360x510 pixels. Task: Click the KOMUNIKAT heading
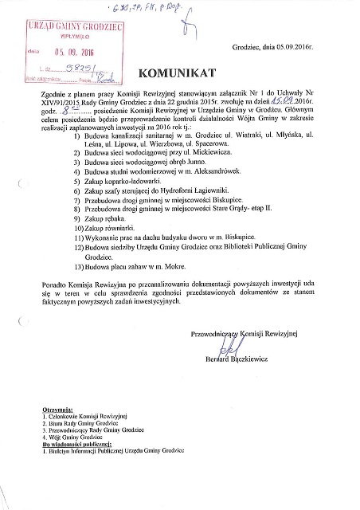point(179,74)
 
